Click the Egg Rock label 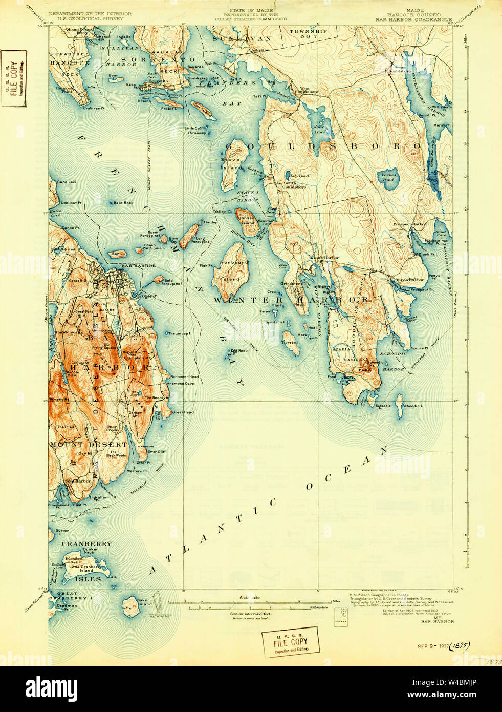click(239, 351)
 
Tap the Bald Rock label click(123, 203)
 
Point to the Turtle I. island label click(291, 343)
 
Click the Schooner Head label click(184, 376)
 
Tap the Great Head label click(183, 412)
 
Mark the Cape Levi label click(67, 182)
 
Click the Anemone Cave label click(182, 383)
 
